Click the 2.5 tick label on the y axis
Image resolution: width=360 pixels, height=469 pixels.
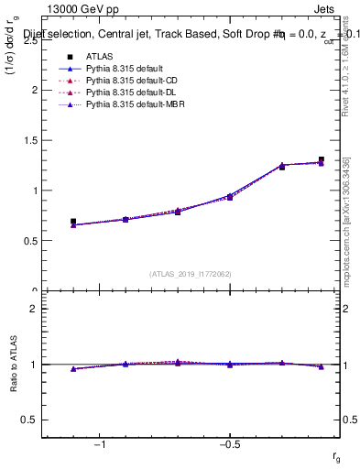tap(31, 40)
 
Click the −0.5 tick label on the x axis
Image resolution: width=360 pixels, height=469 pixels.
tap(229, 445)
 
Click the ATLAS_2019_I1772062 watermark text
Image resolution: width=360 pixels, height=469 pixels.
tap(191, 273)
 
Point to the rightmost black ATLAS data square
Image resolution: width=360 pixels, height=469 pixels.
tap(321, 159)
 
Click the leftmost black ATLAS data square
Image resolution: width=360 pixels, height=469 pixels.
tap(73, 222)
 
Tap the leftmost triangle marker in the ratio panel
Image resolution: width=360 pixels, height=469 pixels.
tap(73, 369)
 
